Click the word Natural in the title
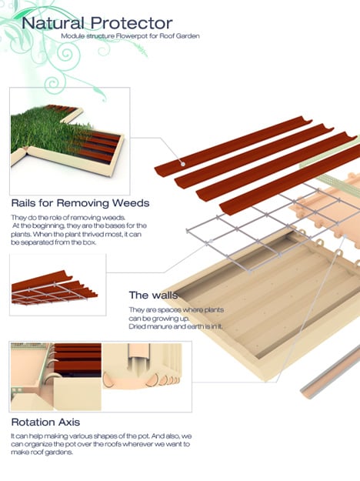pyautogui.click(x=53, y=23)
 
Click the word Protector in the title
pyautogui.click(x=132, y=23)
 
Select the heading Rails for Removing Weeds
pyautogui.click(x=80, y=202)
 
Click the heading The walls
pyautogui.click(x=153, y=295)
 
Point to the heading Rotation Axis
pyautogui.click(x=45, y=422)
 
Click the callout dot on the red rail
pyautogui.click(x=183, y=164)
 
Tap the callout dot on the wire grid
pyautogui.click(x=210, y=241)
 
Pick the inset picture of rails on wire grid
pyautogui.click(x=58, y=284)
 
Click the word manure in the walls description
pyautogui.click(x=160, y=326)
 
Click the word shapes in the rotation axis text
pyautogui.click(x=105, y=436)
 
